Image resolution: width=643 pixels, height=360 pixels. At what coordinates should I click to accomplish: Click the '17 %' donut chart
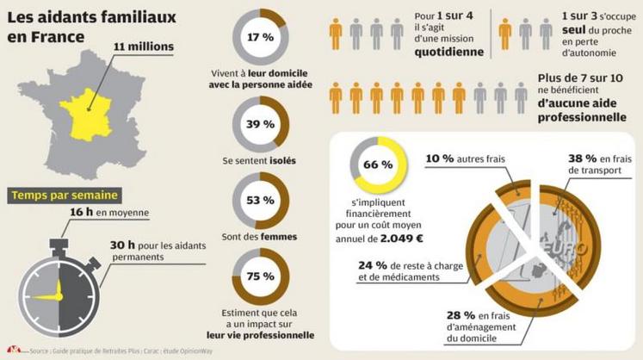coord(261,38)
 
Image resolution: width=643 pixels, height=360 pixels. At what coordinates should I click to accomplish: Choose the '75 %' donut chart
coord(261,277)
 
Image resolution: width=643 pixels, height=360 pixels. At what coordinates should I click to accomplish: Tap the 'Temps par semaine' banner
coord(65,195)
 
